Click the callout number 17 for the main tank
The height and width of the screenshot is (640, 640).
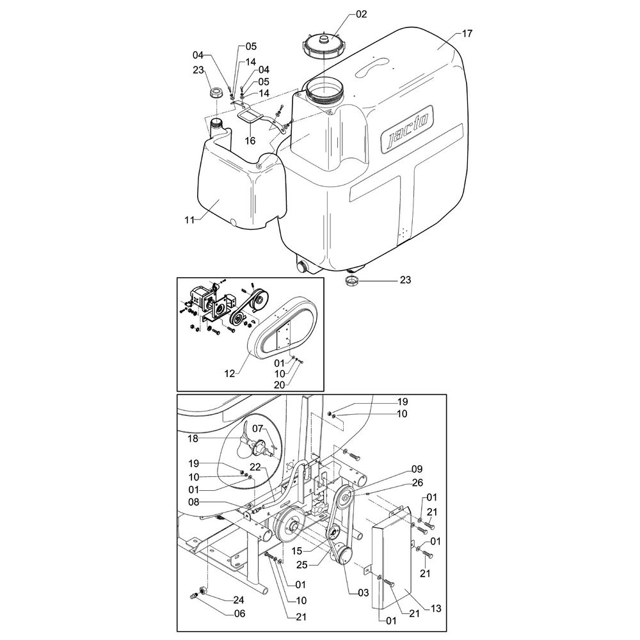[467, 34]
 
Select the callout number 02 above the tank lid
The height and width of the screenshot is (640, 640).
[362, 13]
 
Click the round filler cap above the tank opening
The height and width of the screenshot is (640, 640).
[324, 46]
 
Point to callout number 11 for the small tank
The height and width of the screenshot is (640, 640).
[189, 220]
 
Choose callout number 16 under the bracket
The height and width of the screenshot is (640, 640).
[250, 140]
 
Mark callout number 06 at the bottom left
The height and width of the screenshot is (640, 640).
[238, 612]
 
